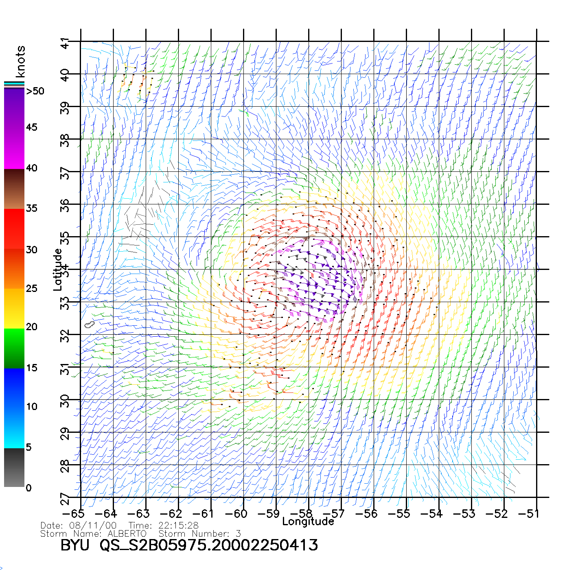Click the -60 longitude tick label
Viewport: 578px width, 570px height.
click(x=236, y=514)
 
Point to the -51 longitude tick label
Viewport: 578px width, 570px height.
click(x=529, y=514)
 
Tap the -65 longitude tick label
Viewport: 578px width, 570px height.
click(x=73, y=514)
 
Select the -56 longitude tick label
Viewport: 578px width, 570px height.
click(x=366, y=514)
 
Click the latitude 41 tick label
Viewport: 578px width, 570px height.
click(x=64, y=44)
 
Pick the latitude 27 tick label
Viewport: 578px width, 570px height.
click(x=64, y=500)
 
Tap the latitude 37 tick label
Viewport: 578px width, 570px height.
click(x=64, y=174)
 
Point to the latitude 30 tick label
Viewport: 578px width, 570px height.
click(x=64, y=402)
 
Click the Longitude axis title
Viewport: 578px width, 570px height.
click(x=308, y=522)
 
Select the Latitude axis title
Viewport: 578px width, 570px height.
click(x=57, y=270)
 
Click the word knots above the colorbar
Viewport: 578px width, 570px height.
click(x=20, y=61)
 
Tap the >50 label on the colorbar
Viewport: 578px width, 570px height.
click(x=35, y=91)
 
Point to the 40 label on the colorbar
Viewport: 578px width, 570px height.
click(x=31, y=168)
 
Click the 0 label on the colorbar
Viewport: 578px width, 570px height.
click(x=28, y=488)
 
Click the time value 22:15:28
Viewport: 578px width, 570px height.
click(x=178, y=526)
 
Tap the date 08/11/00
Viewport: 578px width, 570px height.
click(x=93, y=526)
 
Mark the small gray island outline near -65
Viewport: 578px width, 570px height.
click(x=90, y=324)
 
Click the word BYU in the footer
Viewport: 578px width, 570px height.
click(x=75, y=545)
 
